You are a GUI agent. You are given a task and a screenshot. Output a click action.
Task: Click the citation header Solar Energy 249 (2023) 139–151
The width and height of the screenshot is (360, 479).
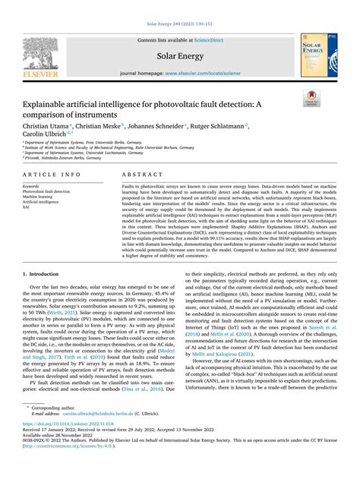click(179, 6)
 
